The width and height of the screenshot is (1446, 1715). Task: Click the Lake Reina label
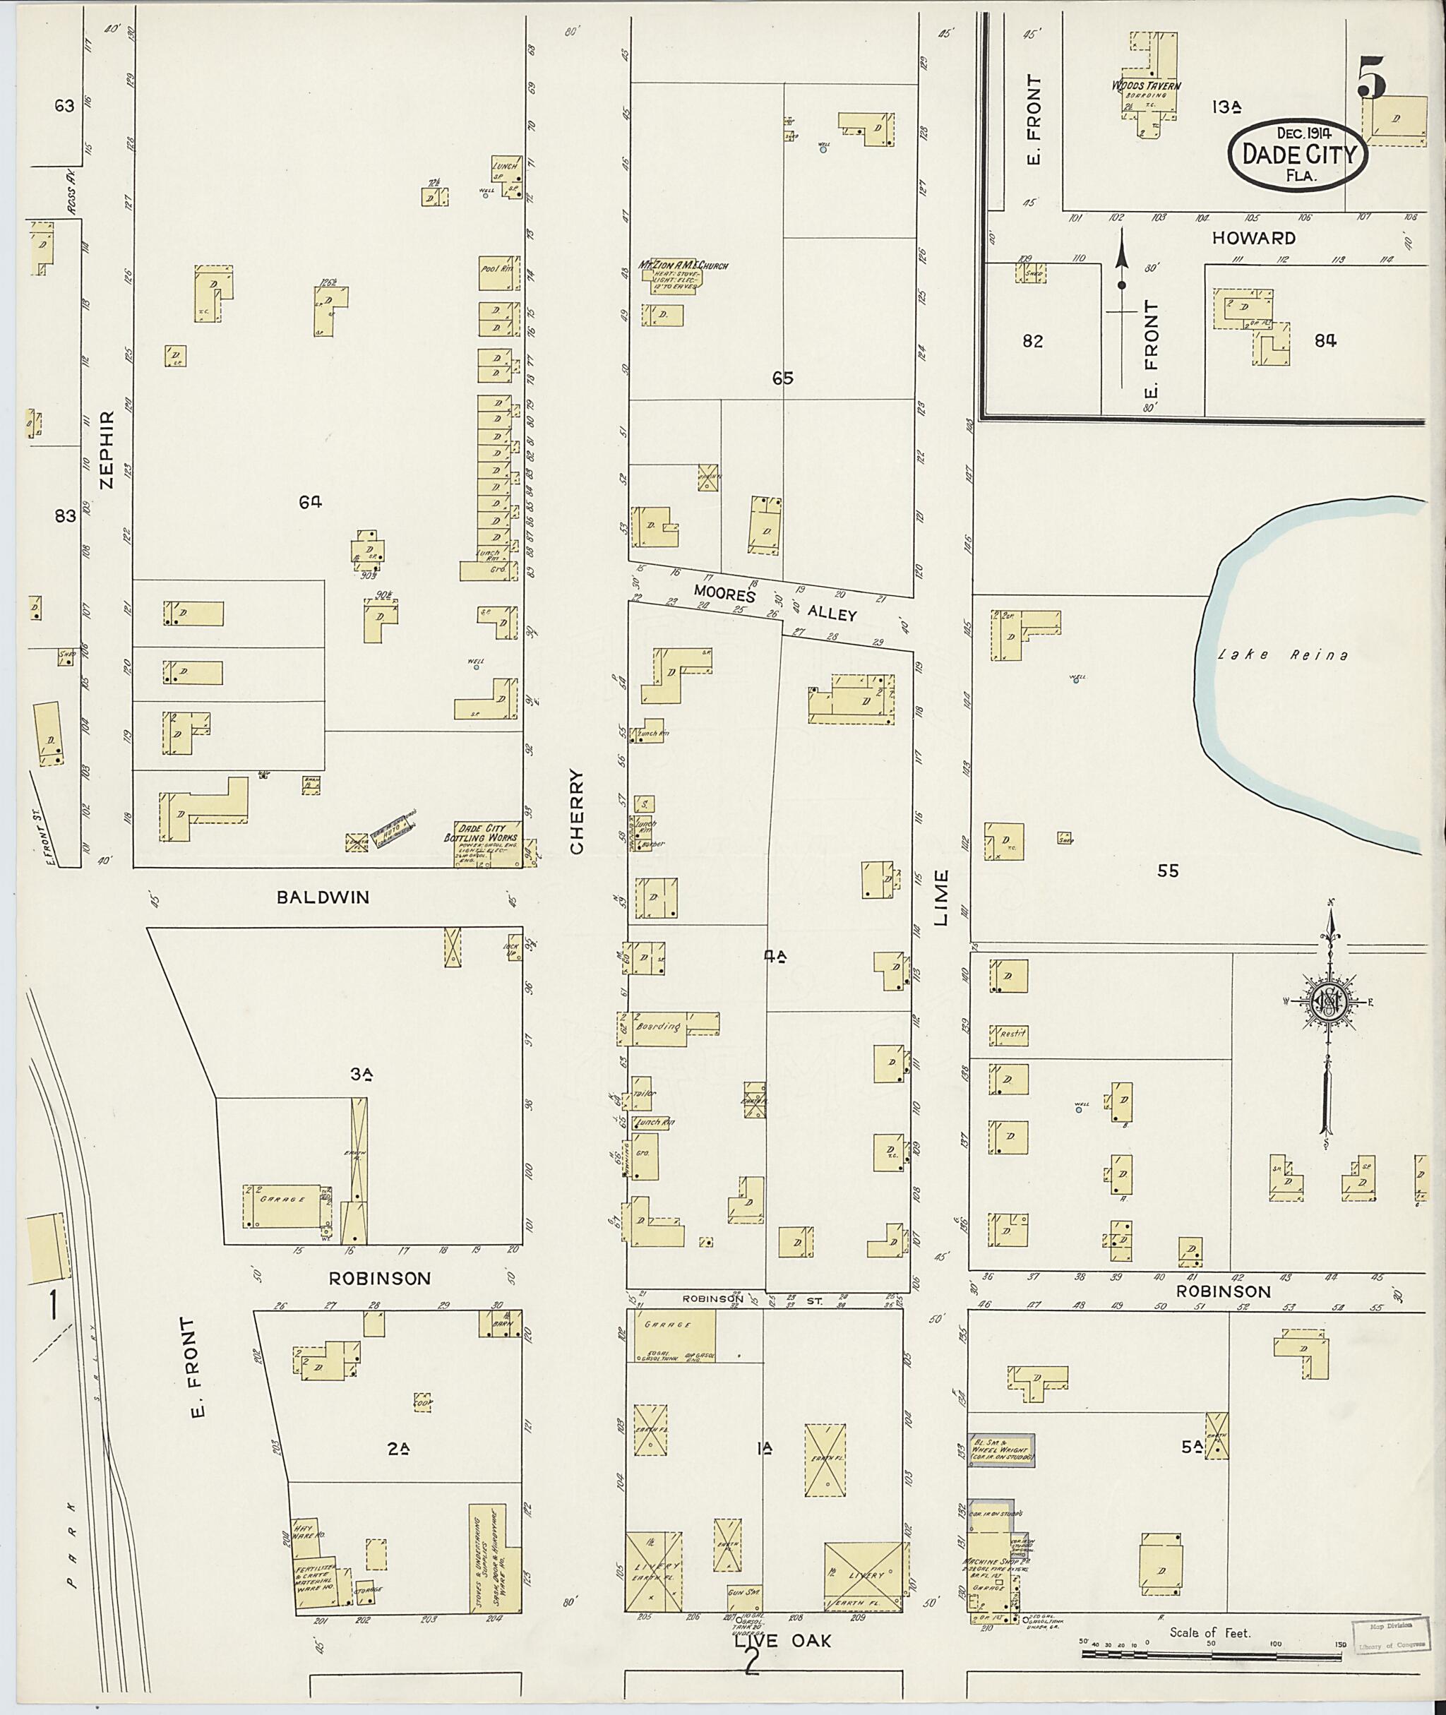point(1283,655)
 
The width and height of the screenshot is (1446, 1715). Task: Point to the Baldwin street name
point(323,897)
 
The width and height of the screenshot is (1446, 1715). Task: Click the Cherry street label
point(576,811)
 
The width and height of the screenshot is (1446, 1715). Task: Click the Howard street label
point(1253,238)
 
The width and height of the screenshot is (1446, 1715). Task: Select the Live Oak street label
point(782,1639)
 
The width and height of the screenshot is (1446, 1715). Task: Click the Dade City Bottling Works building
point(487,844)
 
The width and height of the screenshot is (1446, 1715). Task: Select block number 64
point(310,503)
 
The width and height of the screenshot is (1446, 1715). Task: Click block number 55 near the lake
point(1167,871)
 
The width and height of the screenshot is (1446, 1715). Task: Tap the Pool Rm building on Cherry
point(498,273)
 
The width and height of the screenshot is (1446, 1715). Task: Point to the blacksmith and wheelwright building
point(1001,1451)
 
